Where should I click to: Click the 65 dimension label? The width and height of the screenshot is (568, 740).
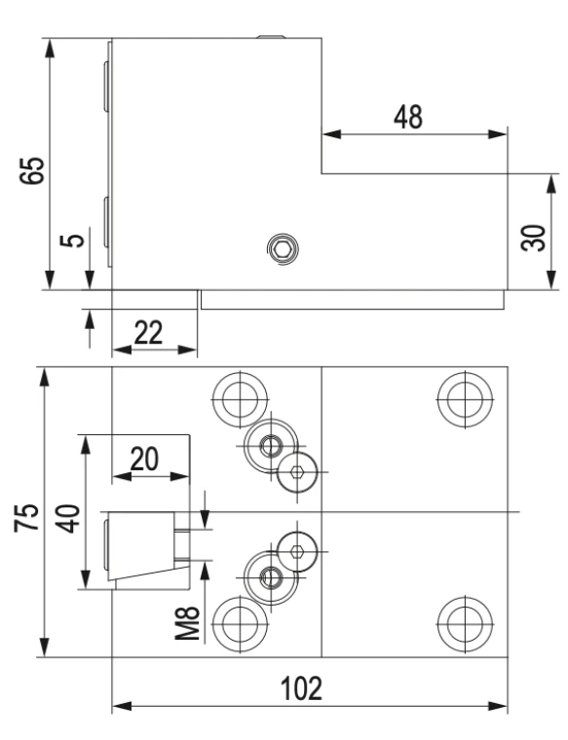coord(32,170)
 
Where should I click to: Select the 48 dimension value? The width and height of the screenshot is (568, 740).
coord(408,117)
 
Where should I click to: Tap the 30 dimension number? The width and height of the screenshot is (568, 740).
coord(534,238)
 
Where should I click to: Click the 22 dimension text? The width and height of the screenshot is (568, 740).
coord(148,332)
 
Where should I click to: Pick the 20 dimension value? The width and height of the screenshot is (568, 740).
coord(144,459)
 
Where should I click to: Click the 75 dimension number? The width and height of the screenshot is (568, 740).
coord(26,518)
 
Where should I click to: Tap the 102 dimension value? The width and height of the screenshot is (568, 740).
coord(302,688)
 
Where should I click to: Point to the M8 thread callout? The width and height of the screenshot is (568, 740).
coord(187,623)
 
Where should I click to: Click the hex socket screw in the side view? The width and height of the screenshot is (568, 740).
coord(283,249)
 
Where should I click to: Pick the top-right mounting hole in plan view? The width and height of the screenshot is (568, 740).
coord(465,400)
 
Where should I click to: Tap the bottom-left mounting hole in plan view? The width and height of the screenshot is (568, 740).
coord(240,624)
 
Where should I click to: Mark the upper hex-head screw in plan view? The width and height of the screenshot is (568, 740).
coord(297,472)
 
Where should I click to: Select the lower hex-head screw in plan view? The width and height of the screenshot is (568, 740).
coord(297,551)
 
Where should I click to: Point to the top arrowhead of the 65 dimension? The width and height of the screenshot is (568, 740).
coord(49,48)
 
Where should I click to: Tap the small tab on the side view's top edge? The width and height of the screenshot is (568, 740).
coord(272,36)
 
